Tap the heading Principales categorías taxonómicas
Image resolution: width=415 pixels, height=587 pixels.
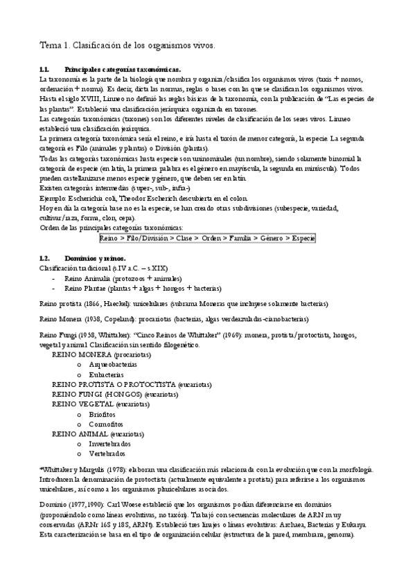(x=122, y=70)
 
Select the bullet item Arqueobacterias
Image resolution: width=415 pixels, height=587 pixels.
(x=113, y=364)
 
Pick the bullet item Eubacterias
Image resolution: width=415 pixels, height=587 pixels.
(x=107, y=374)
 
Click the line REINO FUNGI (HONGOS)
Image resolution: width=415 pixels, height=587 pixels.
(x=92, y=394)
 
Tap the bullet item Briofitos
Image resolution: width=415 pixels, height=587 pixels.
(x=103, y=414)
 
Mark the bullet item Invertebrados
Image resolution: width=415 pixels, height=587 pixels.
(x=110, y=444)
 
